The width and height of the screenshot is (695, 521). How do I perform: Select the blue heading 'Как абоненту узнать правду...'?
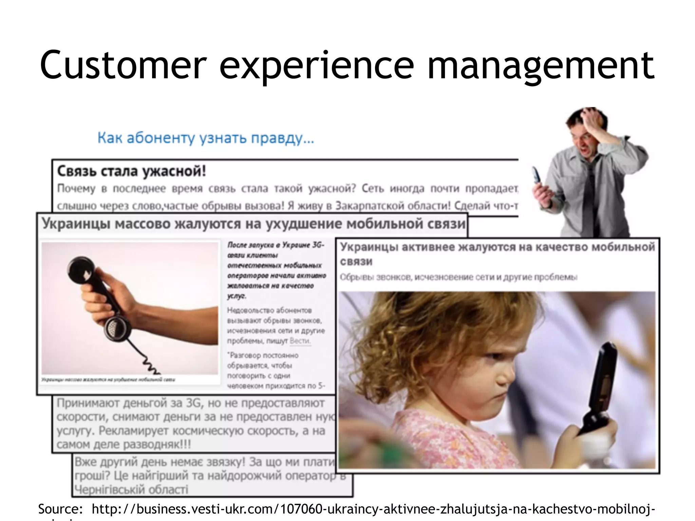(206, 138)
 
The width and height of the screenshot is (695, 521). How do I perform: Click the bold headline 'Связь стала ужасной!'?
(132, 171)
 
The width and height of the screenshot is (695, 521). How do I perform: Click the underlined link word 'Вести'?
(300, 341)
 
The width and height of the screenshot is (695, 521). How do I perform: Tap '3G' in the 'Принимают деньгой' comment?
(194, 403)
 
